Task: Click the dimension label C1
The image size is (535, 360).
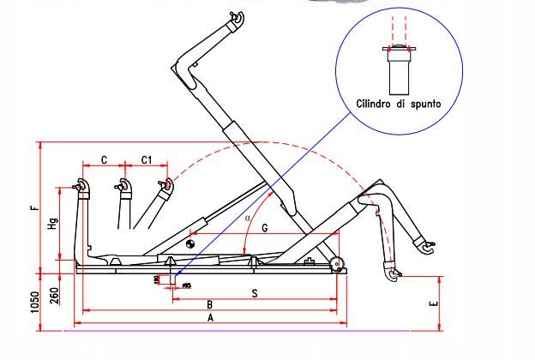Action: [146, 159]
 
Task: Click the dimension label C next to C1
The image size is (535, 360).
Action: [104, 159]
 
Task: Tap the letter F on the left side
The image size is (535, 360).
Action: [32, 207]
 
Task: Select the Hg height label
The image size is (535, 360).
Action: [52, 225]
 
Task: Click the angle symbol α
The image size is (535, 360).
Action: [249, 218]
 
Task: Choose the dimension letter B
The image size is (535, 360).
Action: [209, 304]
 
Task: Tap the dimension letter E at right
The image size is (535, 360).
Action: [435, 303]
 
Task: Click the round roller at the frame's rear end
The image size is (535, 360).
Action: [339, 265]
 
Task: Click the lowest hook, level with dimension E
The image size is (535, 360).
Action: [393, 275]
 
